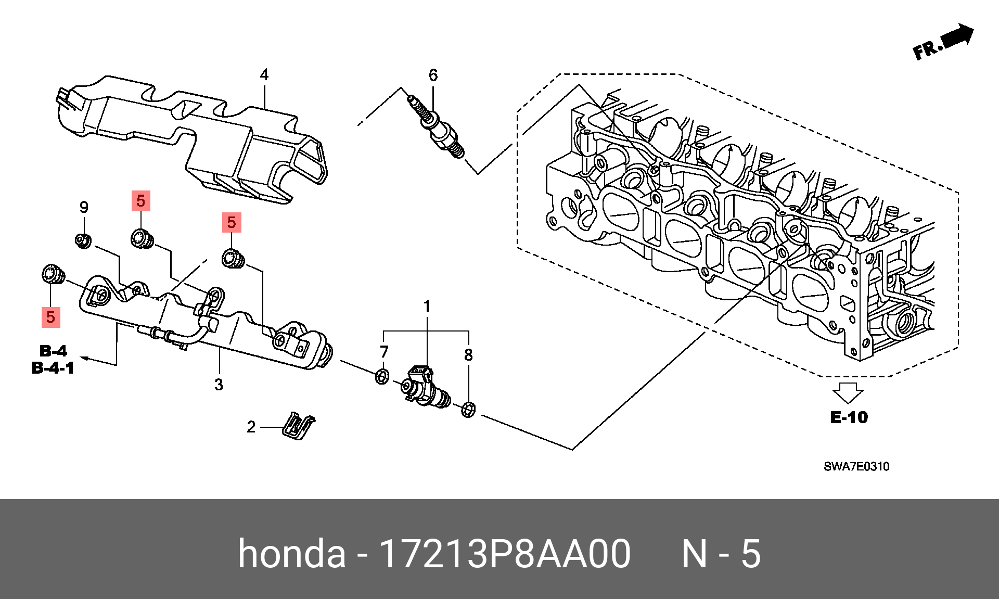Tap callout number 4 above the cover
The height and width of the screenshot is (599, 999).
[x=264, y=75]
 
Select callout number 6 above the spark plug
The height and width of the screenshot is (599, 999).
[x=433, y=75]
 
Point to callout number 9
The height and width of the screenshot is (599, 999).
[x=84, y=208]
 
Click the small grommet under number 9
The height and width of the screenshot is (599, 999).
[x=83, y=241]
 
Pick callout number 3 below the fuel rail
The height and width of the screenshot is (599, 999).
[x=219, y=385]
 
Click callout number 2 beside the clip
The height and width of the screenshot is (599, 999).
[x=251, y=427]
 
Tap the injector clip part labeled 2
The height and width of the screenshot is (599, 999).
[x=298, y=425]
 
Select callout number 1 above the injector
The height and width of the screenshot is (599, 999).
[x=427, y=307]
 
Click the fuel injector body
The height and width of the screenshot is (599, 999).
[x=427, y=387]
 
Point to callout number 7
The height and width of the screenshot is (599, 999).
[x=384, y=352]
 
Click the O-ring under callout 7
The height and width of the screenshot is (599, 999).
[x=382, y=376]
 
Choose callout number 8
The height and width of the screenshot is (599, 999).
[x=468, y=355]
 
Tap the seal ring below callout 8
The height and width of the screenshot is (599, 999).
[x=468, y=410]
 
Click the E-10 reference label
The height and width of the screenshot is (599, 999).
[x=849, y=417]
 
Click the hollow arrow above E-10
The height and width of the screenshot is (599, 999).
[x=848, y=392]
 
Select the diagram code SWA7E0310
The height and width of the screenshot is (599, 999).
[x=856, y=466]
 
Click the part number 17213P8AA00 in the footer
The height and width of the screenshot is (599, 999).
[x=505, y=553]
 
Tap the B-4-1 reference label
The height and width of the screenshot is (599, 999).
[x=53, y=368]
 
